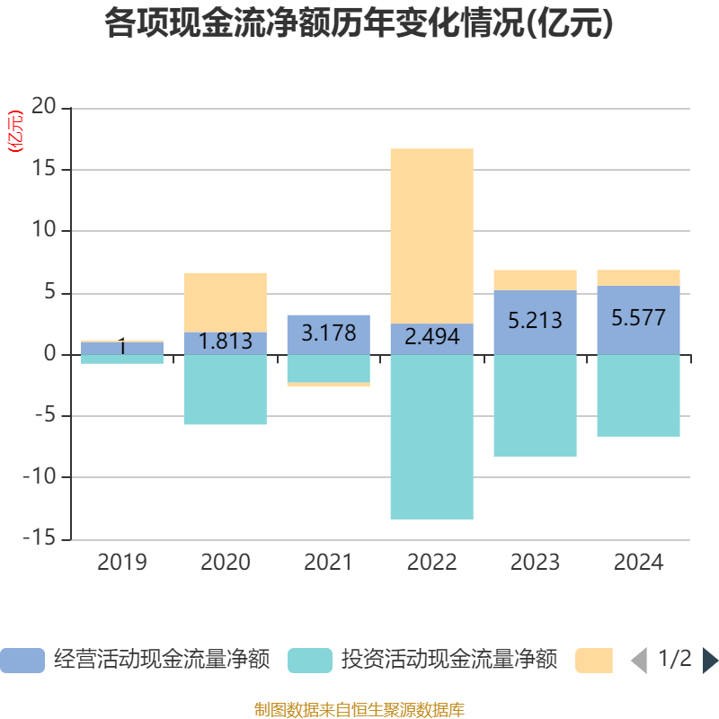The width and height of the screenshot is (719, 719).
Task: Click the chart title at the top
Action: coord(359,24)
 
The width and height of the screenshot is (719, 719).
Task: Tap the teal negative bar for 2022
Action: coord(431,437)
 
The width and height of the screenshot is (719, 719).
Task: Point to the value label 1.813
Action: coord(226,342)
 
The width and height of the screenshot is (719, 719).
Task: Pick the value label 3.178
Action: coord(329,333)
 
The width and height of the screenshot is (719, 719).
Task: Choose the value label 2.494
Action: coord(432,337)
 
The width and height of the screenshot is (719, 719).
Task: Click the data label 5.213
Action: coord(535,320)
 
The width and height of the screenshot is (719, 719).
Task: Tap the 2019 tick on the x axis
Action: coord(122,563)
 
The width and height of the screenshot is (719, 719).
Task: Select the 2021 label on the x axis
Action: coord(329,563)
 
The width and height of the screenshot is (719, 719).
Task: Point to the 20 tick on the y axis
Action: coord(44,108)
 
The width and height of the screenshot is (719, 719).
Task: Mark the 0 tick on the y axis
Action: coord(50,354)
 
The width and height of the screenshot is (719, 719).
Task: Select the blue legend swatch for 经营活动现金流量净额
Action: coord(22,661)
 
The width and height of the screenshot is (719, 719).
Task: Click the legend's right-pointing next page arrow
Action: coord(710,661)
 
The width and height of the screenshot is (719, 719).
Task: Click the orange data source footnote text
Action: coord(359,709)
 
